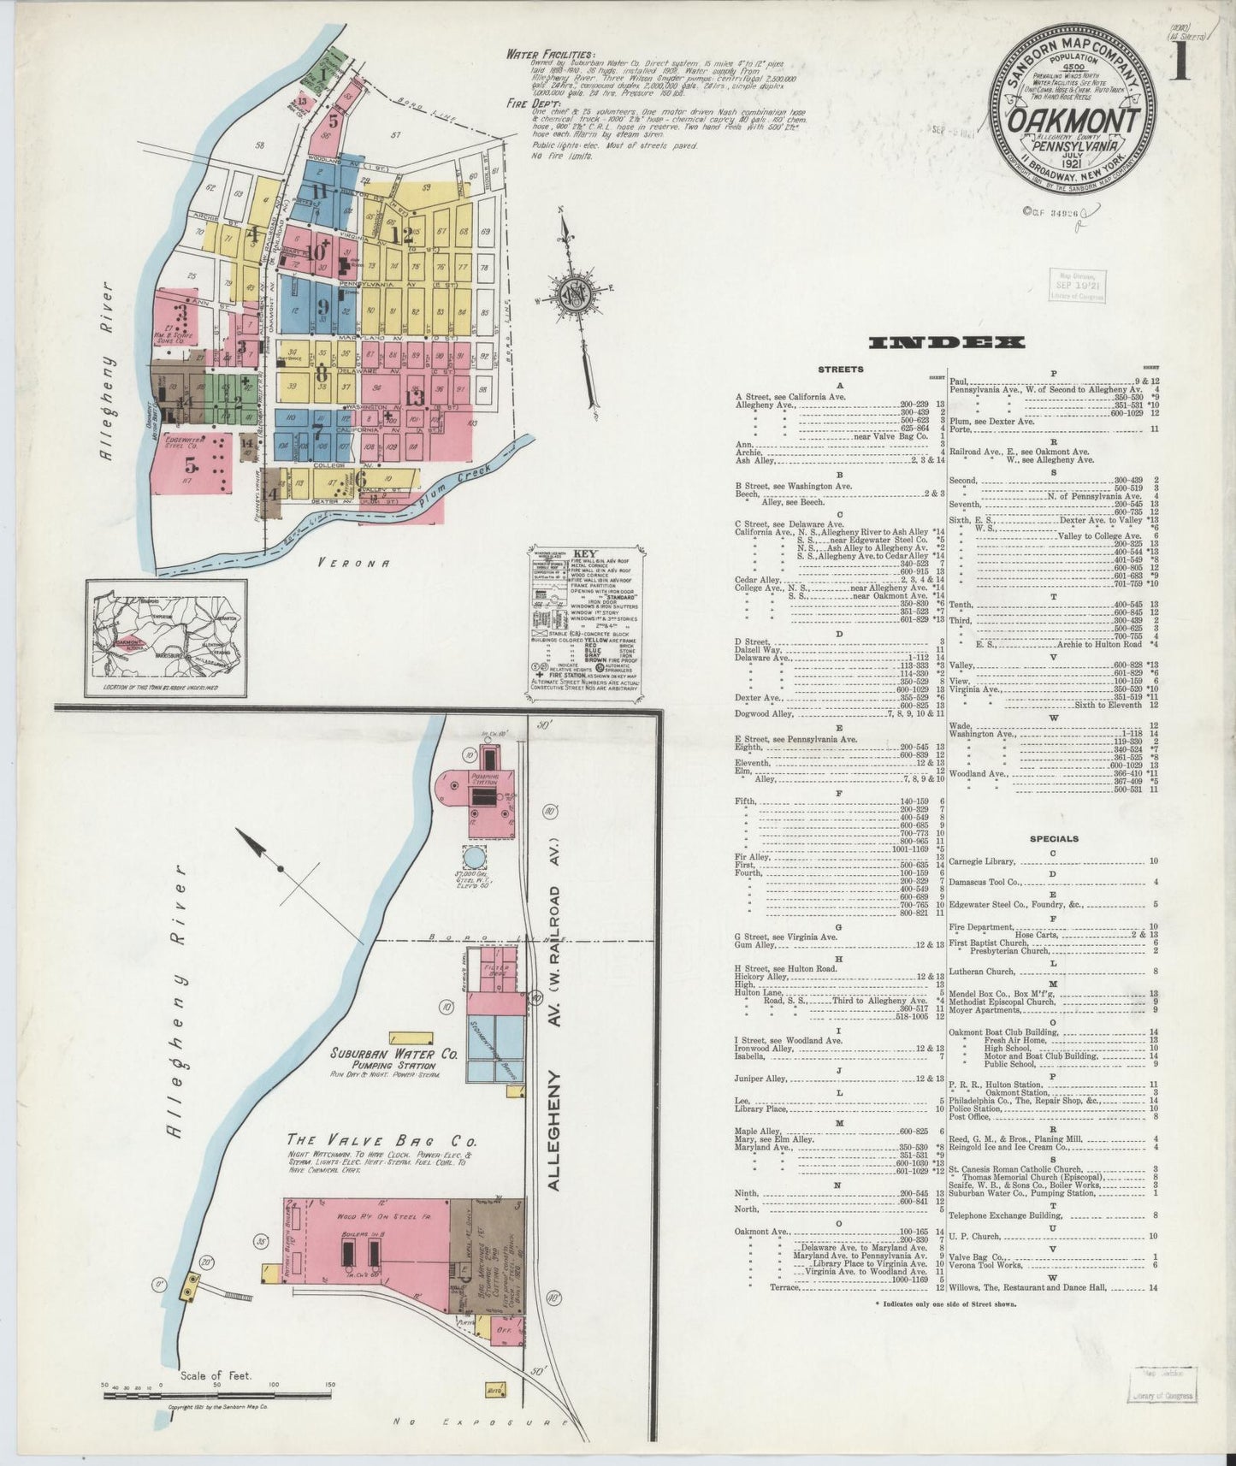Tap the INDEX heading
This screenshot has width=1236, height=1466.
tap(946, 343)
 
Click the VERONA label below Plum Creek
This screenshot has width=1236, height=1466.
tap(353, 563)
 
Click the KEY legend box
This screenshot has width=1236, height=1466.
tap(586, 617)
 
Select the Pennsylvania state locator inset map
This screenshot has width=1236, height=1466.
tap(166, 637)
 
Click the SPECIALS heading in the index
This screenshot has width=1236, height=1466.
tap(1053, 839)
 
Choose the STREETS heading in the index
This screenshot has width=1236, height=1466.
tap(841, 370)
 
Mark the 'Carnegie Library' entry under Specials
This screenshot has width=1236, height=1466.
tap(982, 862)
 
